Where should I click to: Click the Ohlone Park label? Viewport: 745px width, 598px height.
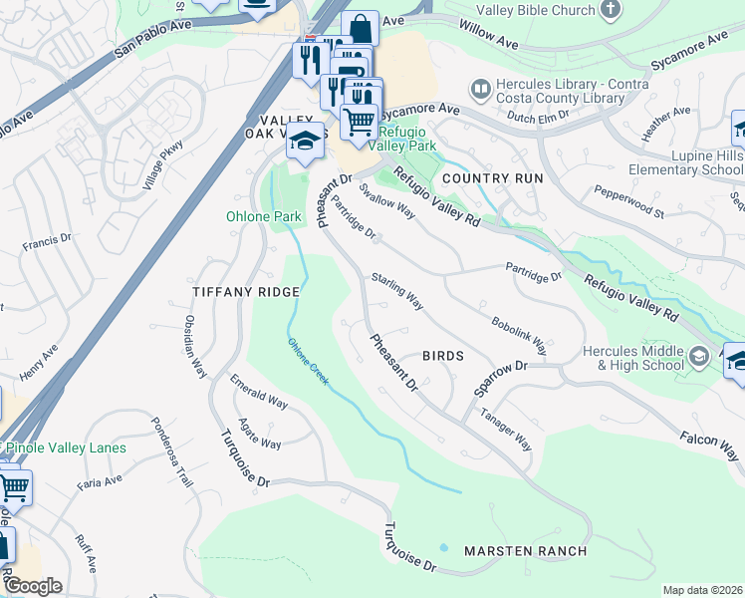pos(260,216)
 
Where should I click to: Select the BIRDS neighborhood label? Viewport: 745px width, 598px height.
pos(443,356)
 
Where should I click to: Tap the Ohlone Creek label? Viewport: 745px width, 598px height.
pos(308,361)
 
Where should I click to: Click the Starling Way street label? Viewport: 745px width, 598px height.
pos(397,290)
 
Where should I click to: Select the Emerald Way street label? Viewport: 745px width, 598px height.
pos(259,394)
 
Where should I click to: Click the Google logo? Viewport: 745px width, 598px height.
pos(33,586)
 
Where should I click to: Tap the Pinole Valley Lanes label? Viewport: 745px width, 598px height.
pos(68,448)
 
